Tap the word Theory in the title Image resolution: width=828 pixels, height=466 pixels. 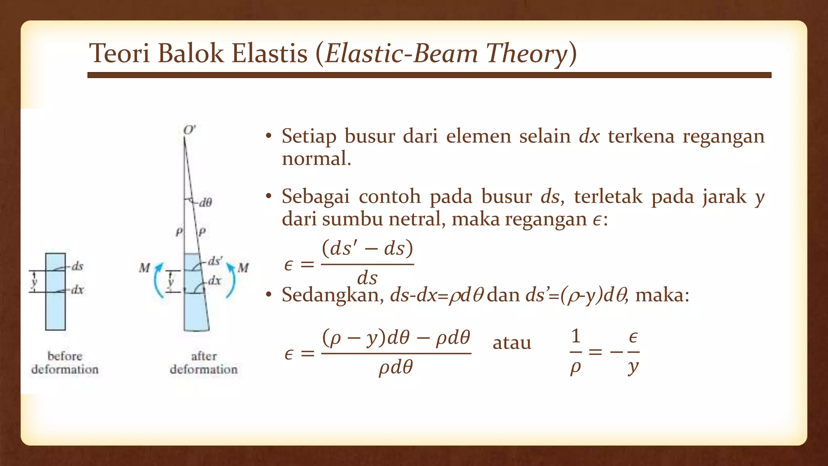527,53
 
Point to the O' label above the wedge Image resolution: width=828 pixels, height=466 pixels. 189,130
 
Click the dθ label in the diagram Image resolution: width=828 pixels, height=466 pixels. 205,203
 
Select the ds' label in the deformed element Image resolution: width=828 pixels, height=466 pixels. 215,261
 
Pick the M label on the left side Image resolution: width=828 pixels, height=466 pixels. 144,268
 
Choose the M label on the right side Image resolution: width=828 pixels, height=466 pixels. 243,268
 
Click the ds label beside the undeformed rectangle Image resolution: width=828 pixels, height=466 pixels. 77,267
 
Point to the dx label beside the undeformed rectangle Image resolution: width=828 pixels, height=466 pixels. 77,290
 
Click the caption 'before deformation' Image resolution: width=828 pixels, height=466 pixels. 65,363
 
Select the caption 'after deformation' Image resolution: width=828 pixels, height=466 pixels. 204,363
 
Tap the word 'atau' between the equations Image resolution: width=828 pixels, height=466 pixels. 511,343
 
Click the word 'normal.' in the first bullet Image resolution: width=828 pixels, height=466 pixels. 316,159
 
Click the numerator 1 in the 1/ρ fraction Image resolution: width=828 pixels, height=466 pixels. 576,337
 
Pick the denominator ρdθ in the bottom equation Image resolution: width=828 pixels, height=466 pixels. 396,368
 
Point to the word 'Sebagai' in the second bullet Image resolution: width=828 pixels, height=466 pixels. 315,197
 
